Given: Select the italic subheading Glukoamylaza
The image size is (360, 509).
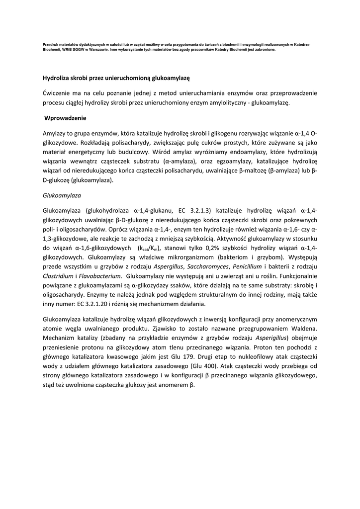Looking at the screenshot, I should click(x=63, y=195).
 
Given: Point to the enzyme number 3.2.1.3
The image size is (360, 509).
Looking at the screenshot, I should click(x=201, y=211).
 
